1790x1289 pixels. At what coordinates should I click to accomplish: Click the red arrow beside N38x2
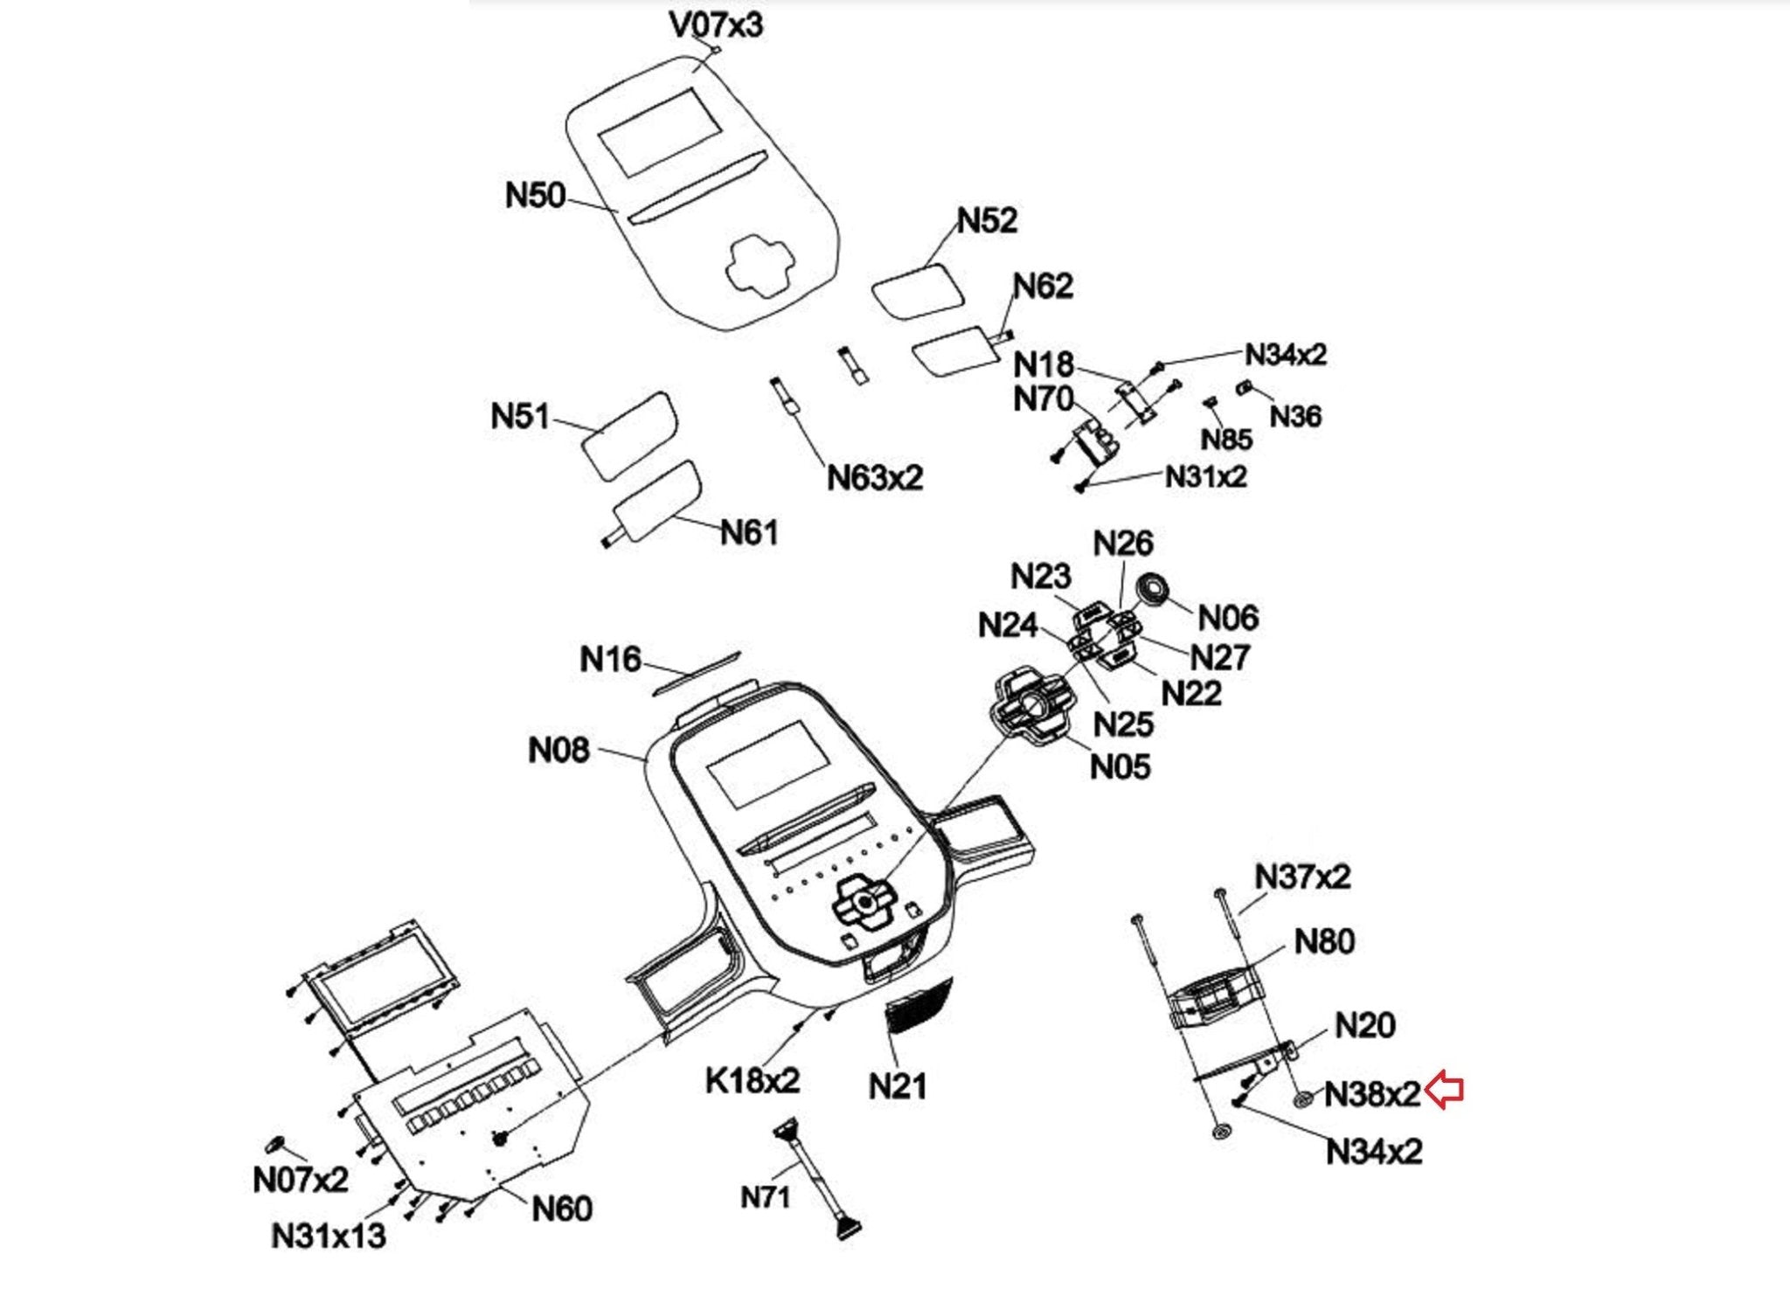pos(1445,1091)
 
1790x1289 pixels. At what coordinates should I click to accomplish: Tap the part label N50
pos(535,195)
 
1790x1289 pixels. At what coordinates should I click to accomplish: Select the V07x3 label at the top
pos(716,24)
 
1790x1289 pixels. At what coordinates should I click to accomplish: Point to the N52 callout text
pos(988,220)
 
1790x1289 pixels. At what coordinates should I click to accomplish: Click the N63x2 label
pos(875,478)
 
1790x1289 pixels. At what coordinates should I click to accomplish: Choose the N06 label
pos(1228,618)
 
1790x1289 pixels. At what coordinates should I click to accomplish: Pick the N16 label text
pos(610,659)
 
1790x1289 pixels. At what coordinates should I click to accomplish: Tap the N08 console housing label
pos(559,750)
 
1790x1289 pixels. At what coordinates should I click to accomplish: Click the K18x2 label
pos(752,1081)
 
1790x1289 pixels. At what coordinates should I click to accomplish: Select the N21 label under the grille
pos(898,1086)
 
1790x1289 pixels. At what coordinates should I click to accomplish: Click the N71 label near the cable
pos(766,1196)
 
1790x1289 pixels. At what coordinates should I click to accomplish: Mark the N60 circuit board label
pos(562,1209)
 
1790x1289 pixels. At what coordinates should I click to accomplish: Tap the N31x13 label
pos(329,1236)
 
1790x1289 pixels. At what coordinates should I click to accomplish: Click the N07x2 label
pos(300,1180)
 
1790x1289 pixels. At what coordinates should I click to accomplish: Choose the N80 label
pos(1324,942)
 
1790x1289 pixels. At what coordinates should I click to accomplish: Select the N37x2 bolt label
pos(1302,877)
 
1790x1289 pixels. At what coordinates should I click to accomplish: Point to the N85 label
pos(1226,440)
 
